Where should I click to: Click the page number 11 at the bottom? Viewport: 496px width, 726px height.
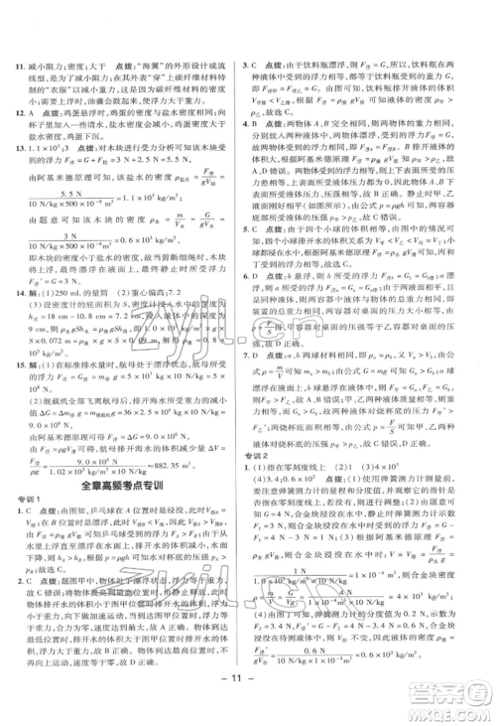tap(247, 683)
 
